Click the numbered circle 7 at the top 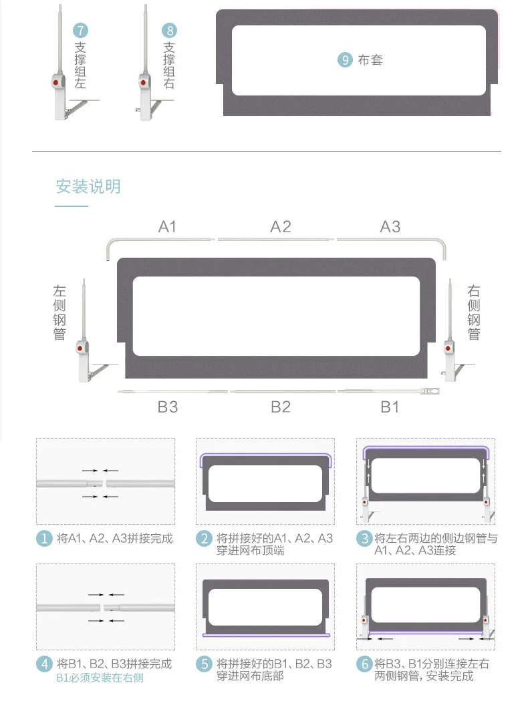[x=80, y=31]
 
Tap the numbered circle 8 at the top [x=169, y=31]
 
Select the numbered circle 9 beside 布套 [x=345, y=60]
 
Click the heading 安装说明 [x=88, y=186]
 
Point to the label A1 [x=168, y=226]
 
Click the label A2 [x=281, y=226]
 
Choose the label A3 [x=390, y=226]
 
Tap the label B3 [x=168, y=407]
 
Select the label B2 [x=281, y=407]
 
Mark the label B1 [x=390, y=407]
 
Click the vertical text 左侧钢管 [x=59, y=312]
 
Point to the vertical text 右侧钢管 [x=474, y=312]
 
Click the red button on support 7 [x=56, y=83]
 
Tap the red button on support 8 [x=143, y=82]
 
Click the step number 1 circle [x=44, y=539]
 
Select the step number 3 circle [x=364, y=539]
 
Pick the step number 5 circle [x=204, y=664]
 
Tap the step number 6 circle [x=364, y=664]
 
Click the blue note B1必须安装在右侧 [x=100, y=678]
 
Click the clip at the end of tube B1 [x=429, y=392]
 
